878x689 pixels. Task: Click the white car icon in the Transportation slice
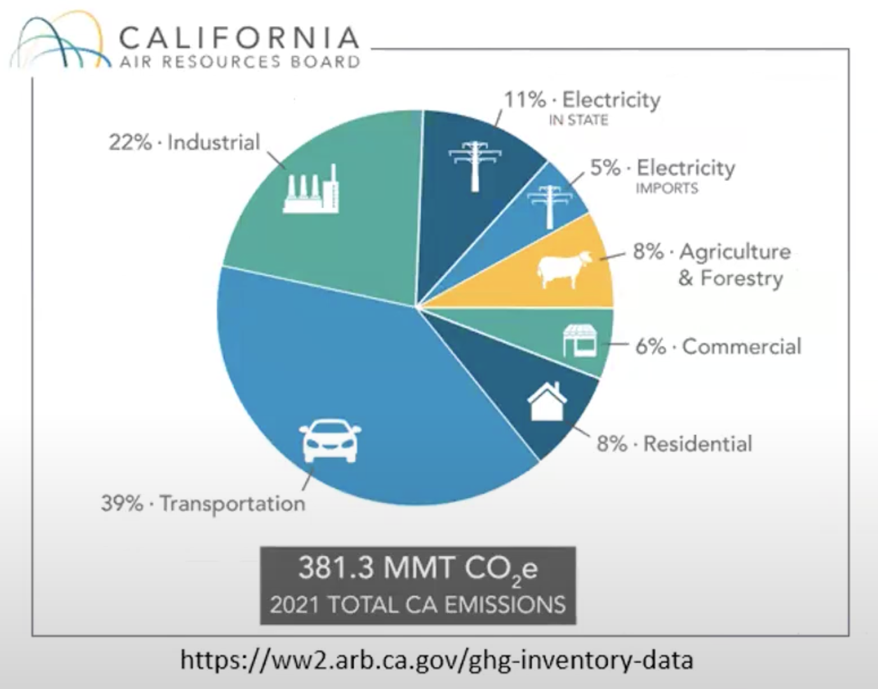[330, 441]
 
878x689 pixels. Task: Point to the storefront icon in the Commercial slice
[580, 341]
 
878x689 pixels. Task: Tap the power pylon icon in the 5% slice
[548, 205]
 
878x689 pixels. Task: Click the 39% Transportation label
[203, 503]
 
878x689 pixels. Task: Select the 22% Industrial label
[184, 142]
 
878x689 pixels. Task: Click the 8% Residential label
[674, 443]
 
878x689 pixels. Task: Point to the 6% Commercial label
[718, 346]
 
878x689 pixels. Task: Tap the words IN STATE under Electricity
[578, 120]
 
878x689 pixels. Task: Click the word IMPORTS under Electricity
[667, 188]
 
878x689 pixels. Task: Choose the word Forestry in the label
[741, 278]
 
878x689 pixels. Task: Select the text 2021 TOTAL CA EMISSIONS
[418, 604]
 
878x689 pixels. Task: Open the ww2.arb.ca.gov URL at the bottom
[436, 660]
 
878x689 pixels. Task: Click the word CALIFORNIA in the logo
[239, 38]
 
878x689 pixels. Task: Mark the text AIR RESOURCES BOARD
[239, 62]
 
